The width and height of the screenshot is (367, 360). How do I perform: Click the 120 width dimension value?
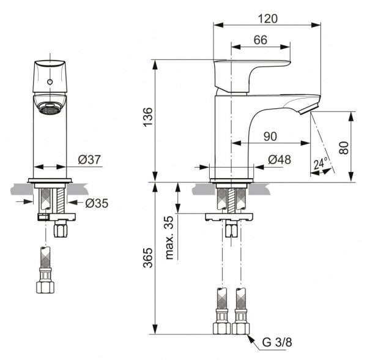[267, 18]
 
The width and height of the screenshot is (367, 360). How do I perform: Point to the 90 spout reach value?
[270, 136]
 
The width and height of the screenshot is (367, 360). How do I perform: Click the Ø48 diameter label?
[279, 160]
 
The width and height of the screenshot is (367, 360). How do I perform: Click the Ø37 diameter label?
[89, 160]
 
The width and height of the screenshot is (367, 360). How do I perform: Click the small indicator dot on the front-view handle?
[49, 81]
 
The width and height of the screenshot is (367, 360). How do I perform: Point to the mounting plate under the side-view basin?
[230, 216]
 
